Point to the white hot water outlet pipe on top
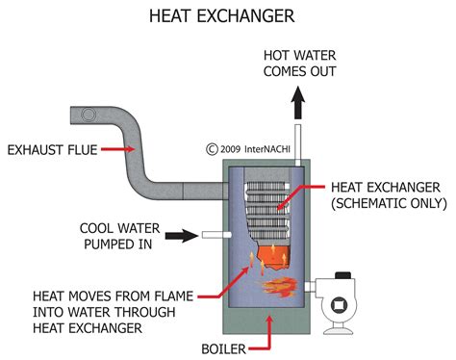[298, 144]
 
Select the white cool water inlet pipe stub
[213, 234]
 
